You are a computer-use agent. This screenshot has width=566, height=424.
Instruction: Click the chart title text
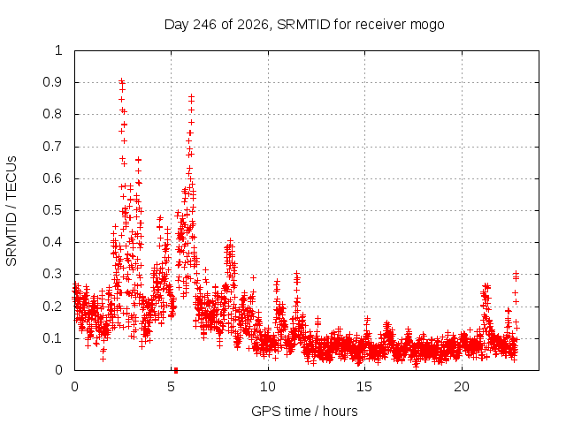point(304,25)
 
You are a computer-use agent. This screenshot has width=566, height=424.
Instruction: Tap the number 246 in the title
point(204,25)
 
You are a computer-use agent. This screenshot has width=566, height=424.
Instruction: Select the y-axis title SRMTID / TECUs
point(11,211)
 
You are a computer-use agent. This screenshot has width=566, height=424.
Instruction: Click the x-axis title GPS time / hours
point(304,411)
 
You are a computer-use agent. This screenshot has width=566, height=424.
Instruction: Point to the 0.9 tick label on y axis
point(53,82)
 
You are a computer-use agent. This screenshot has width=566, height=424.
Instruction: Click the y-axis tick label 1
point(59,50)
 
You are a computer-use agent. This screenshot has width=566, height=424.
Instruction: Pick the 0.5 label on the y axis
point(53,210)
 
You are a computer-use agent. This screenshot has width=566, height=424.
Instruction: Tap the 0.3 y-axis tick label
point(53,274)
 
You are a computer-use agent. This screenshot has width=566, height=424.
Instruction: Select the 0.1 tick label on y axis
point(53,338)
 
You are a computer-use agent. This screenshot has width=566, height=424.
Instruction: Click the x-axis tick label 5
point(171,387)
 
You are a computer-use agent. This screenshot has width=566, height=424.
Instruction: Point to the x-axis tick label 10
point(268,387)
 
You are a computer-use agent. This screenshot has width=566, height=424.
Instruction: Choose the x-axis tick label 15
point(364,387)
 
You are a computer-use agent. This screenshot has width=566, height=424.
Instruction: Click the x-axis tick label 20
point(462,387)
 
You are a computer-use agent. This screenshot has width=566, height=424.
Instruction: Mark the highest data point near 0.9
point(122,80)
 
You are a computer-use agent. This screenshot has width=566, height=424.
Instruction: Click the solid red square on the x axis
point(176,370)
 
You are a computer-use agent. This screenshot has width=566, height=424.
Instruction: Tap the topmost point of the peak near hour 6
point(192,96)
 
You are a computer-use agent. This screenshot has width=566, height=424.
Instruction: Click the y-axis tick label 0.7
point(53,147)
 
